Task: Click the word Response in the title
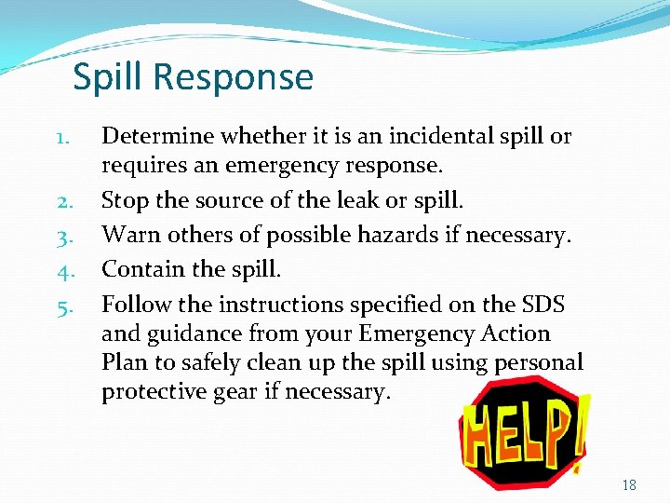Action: [235, 77]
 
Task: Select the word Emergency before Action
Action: [410, 333]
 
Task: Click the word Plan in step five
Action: [124, 363]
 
